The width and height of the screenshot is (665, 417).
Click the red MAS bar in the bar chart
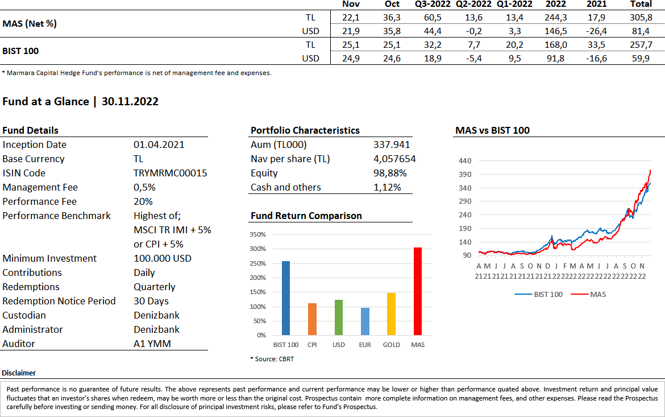(x=418, y=291)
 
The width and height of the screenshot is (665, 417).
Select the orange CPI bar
(x=313, y=319)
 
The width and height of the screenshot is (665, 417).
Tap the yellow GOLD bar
(x=391, y=314)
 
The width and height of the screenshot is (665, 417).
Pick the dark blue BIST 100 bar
(x=286, y=298)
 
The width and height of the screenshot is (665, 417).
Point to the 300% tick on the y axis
(x=258, y=249)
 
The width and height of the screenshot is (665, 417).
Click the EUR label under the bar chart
(x=365, y=345)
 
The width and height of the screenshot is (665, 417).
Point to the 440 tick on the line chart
(x=465, y=161)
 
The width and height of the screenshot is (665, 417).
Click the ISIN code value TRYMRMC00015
(x=170, y=173)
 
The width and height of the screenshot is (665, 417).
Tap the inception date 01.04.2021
(x=159, y=144)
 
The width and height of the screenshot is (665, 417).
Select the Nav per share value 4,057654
(x=394, y=159)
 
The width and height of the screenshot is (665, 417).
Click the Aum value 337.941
(x=392, y=144)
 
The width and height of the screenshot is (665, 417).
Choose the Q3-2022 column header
(x=432, y=4)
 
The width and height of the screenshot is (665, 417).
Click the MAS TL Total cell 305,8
(x=641, y=17)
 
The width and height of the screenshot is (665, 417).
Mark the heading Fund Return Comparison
(x=306, y=216)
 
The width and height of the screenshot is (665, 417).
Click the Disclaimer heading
(x=19, y=373)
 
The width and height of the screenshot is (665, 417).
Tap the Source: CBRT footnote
(x=272, y=359)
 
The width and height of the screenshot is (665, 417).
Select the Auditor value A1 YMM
(x=152, y=344)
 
